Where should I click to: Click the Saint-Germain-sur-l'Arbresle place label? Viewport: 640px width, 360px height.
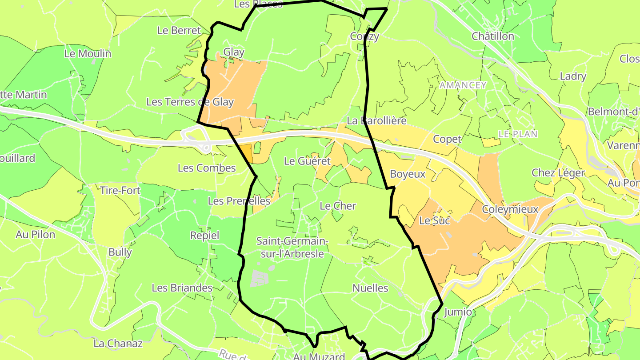(x=292, y=248)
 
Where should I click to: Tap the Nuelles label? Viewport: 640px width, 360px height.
(x=370, y=288)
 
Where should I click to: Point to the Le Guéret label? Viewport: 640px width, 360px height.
(x=307, y=161)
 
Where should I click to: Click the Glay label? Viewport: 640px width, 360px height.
(x=234, y=52)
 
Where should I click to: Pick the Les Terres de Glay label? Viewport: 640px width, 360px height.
(x=190, y=102)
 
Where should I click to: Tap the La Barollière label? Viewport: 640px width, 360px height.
(x=376, y=120)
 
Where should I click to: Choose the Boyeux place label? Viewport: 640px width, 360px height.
(x=408, y=174)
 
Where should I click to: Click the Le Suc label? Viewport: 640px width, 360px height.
(x=432, y=220)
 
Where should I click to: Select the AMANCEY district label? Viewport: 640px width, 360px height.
(x=463, y=85)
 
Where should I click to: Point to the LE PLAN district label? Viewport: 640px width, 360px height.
(x=518, y=134)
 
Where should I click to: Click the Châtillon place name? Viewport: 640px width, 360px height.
(x=493, y=36)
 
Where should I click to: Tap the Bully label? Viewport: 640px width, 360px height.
(x=120, y=252)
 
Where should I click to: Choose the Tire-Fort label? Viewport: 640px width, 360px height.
(x=120, y=190)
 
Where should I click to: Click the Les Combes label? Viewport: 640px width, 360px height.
(x=207, y=168)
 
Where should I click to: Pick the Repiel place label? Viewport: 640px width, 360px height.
(x=204, y=235)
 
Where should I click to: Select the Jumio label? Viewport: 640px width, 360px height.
(x=458, y=312)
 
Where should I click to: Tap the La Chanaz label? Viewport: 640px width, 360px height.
(x=118, y=344)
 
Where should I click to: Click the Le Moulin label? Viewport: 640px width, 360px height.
(x=88, y=53)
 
